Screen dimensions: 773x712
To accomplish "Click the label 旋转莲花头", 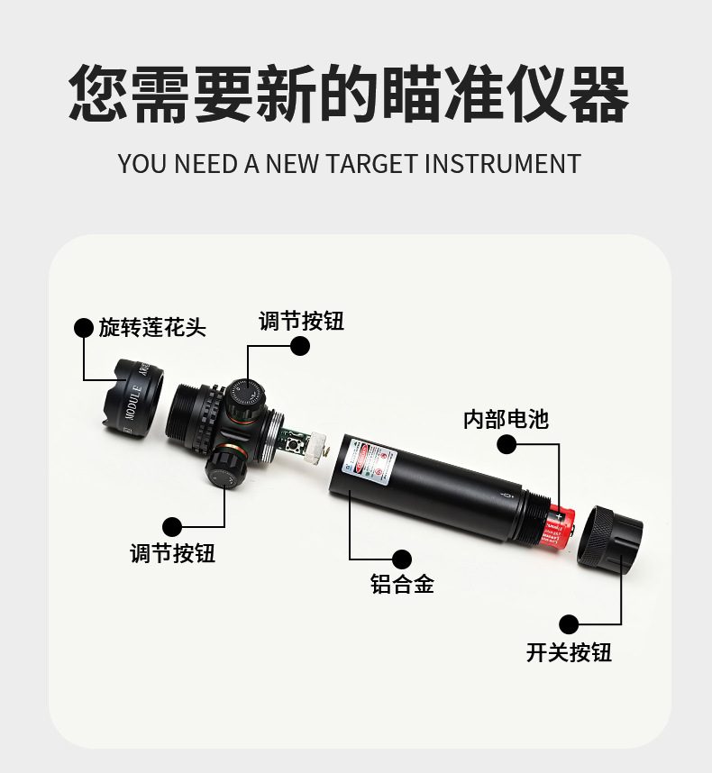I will pos(152,328).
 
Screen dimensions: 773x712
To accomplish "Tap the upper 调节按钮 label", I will pos(301,322).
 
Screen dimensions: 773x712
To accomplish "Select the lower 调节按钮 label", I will pos(173,552).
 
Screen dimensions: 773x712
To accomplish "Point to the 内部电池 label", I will pos(506,419).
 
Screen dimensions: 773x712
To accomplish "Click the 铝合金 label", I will pos(402,585).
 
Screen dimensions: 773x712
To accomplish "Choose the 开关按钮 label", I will pos(569,652).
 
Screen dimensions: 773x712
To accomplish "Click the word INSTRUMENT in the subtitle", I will pos(502,164).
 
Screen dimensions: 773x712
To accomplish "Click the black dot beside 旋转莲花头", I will pos(84,328).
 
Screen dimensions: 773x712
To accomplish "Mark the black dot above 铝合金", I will pos(402,559).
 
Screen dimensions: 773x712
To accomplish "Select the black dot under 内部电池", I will pos(507,443).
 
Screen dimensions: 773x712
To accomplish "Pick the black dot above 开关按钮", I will pos(569,624).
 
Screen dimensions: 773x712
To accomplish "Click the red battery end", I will pos(559,526).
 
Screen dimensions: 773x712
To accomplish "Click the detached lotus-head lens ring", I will pos(135,397).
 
